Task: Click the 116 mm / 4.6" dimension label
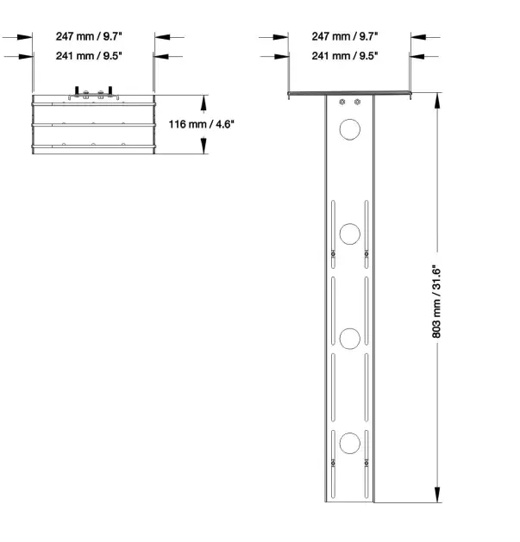(x=201, y=124)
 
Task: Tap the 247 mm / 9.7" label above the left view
(x=89, y=36)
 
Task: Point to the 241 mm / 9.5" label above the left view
(x=89, y=55)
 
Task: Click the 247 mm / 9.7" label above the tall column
(x=345, y=36)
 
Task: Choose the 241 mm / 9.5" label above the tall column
(x=345, y=55)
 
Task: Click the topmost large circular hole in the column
(x=350, y=129)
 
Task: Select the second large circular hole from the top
(x=350, y=234)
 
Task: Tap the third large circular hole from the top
(x=350, y=339)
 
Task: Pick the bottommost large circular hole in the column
(x=350, y=443)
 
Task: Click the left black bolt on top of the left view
(x=76, y=90)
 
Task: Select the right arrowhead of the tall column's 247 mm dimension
(x=419, y=37)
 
